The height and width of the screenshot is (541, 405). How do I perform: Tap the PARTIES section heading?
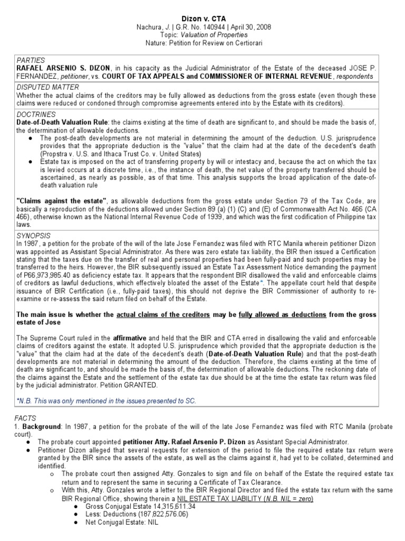click(x=30, y=60)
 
